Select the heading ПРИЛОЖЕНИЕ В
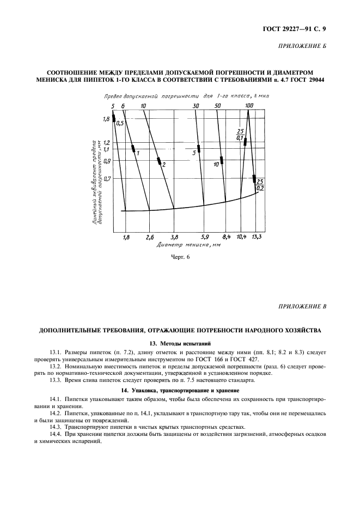coord(302,307)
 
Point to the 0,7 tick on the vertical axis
coord(106,178)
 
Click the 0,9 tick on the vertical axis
coord(106,160)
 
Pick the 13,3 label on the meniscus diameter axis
coord(257,238)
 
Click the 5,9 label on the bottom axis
coord(205,238)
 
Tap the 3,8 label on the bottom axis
coord(174,238)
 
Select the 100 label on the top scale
coord(249,105)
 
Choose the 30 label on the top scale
coord(196,105)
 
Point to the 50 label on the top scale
coord(217,105)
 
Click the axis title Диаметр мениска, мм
coord(180,246)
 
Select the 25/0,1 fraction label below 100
coord(240,135)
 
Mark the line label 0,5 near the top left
coord(120,124)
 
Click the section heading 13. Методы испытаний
coord(180,343)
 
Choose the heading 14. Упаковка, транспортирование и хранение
coord(180,391)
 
